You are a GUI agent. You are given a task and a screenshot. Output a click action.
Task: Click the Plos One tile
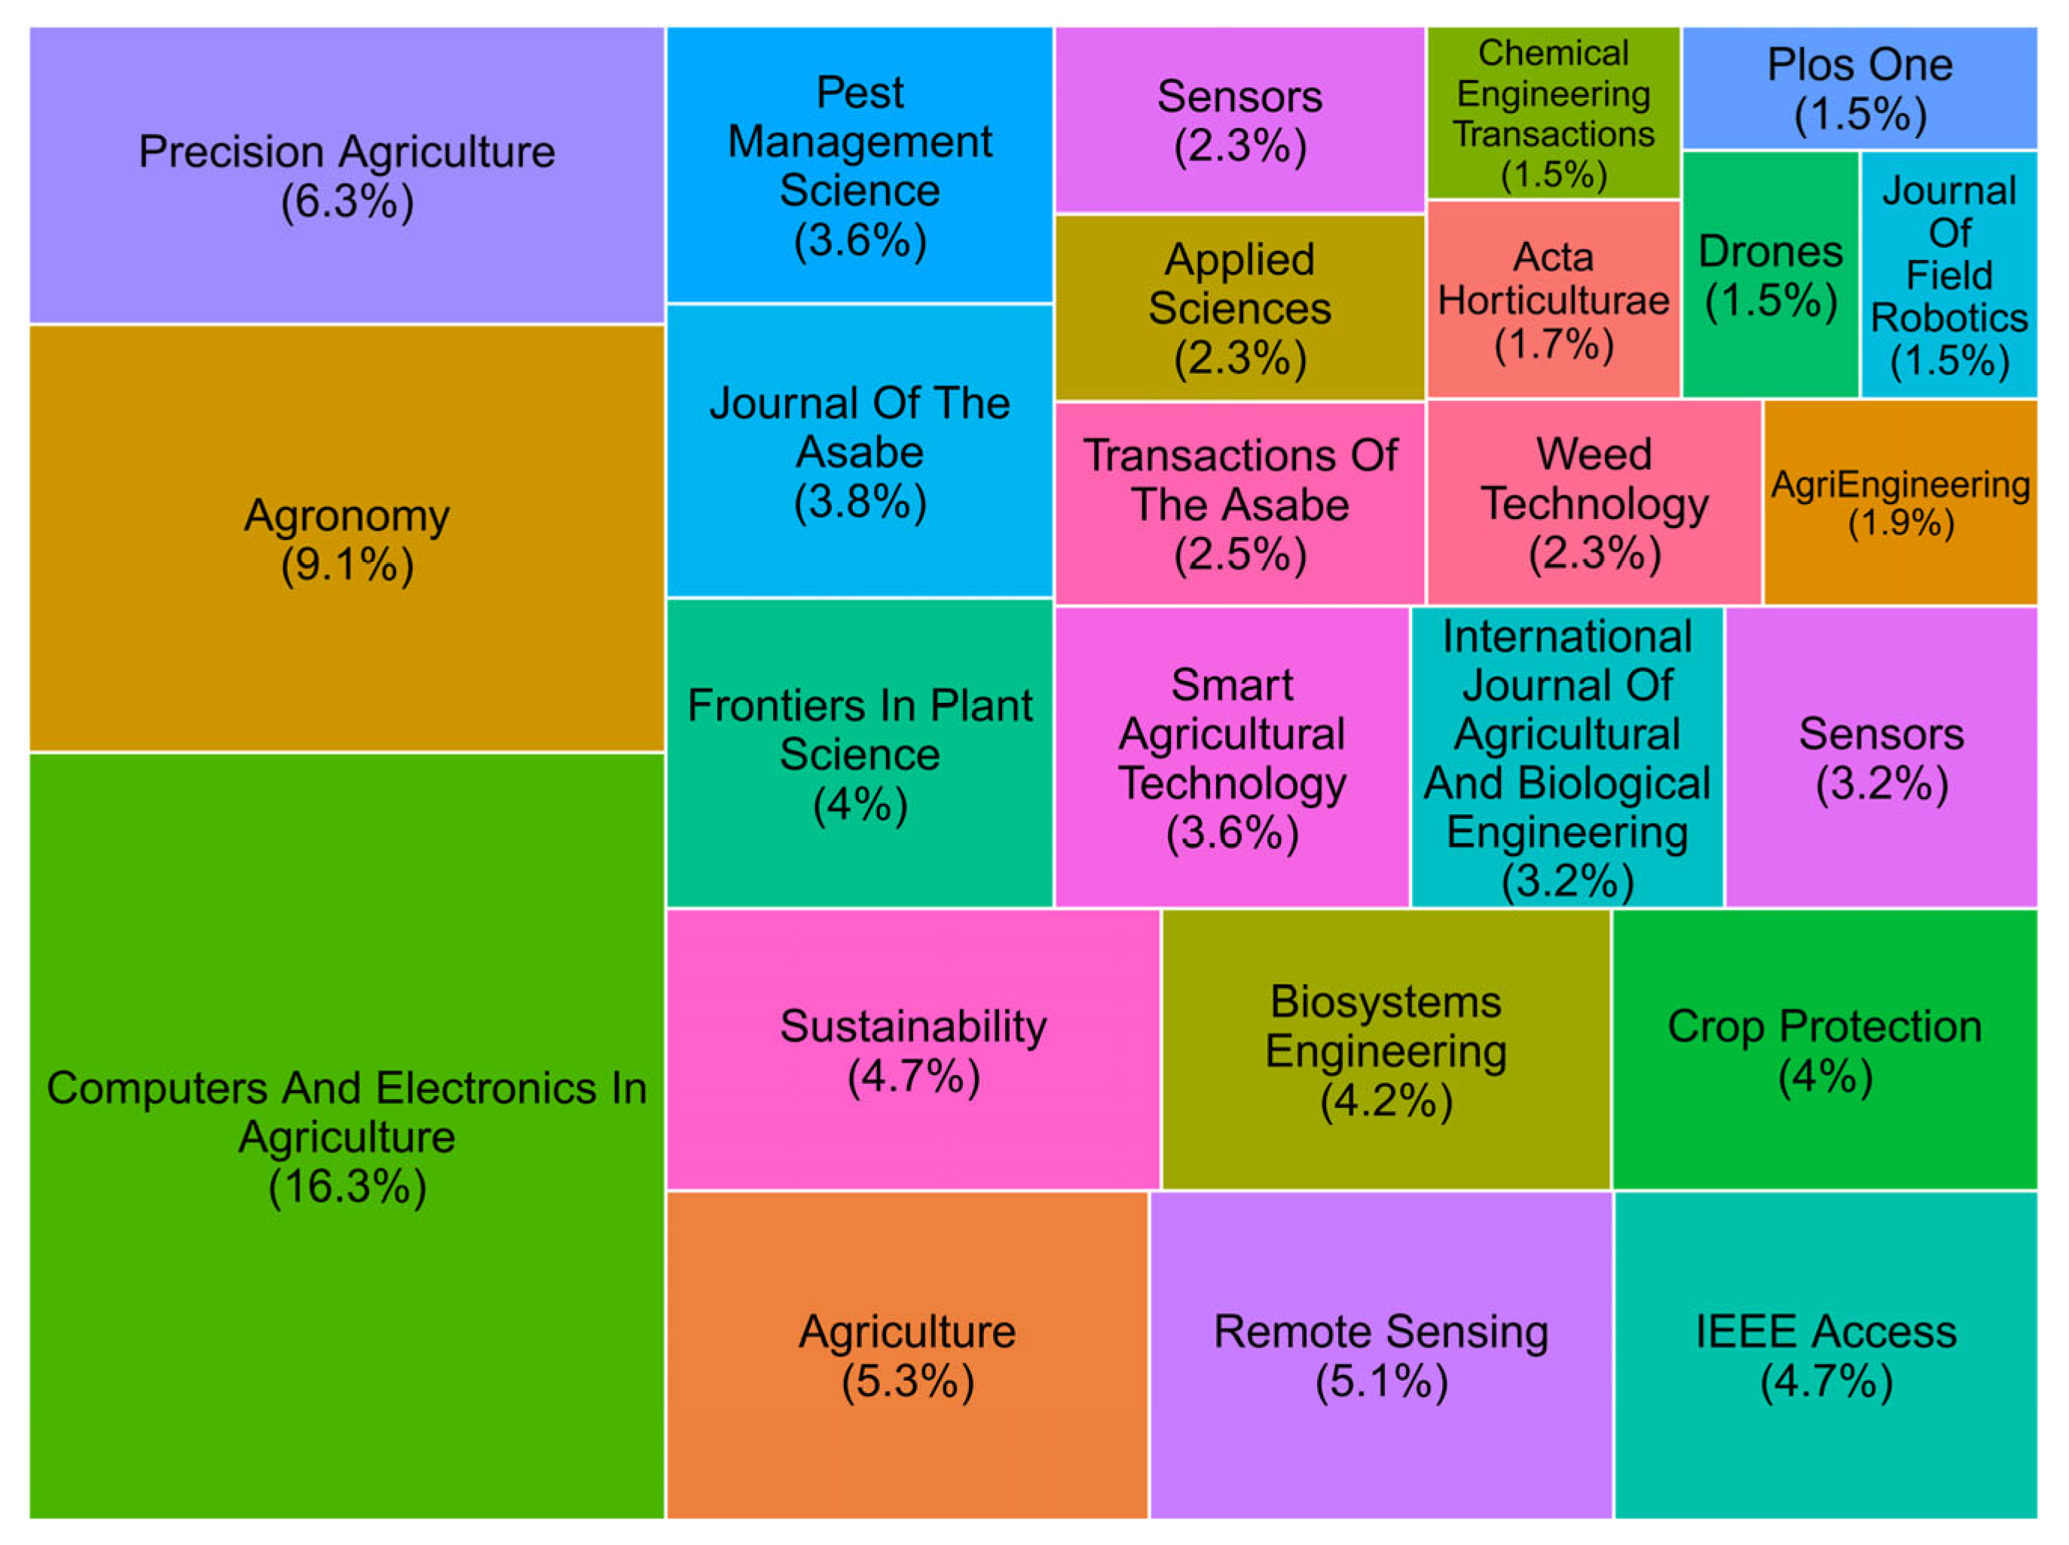[1859, 89]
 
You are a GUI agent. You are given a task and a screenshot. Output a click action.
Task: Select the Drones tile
[1770, 275]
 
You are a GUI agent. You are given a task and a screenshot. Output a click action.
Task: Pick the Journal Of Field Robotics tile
[1948, 275]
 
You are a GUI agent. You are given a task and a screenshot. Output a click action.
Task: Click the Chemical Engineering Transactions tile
[1553, 112]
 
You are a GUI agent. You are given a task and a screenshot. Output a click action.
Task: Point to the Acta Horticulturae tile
[1553, 299]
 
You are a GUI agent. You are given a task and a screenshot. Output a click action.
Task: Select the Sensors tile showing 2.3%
[1239, 120]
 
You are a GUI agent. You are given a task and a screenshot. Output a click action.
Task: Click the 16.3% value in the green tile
[347, 1186]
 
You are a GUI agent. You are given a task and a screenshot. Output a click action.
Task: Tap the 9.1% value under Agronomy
[347, 565]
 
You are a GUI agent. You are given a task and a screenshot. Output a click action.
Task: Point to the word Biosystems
[1386, 1003]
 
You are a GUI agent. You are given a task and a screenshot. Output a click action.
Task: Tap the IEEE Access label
[1825, 1332]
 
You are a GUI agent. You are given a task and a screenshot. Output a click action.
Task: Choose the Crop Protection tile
[1824, 1049]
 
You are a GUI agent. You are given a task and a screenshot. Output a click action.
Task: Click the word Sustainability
[913, 1027]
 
